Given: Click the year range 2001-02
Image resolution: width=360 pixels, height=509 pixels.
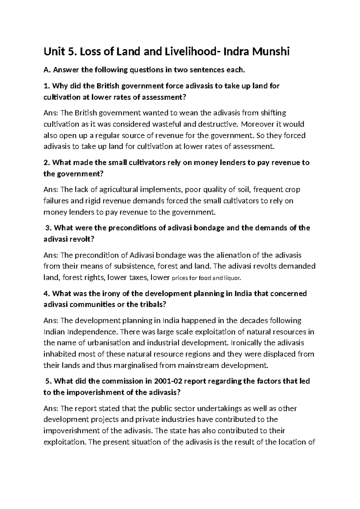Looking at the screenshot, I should (169, 381).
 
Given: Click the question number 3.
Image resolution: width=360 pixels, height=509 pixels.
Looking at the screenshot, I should (48, 228).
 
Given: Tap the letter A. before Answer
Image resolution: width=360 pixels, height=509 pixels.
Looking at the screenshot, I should (46, 71).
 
